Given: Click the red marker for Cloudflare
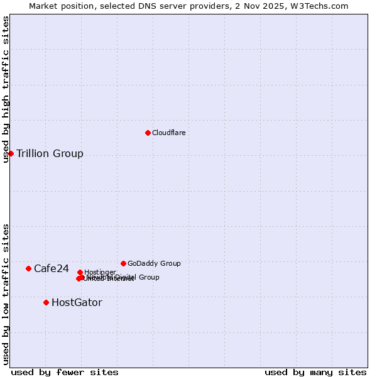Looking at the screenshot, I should (148, 133).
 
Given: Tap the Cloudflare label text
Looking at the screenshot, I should (168, 133).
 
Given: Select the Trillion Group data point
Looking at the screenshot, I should (11, 153).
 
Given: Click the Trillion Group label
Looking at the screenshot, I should (50, 154).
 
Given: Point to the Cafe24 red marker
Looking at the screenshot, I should (28, 268).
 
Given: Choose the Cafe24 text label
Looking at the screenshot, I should (52, 269).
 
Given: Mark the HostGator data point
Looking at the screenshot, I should (46, 302).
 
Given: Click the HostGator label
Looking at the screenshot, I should (77, 303).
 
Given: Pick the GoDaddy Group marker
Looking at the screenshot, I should (123, 263).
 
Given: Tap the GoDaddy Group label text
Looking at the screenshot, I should (154, 264).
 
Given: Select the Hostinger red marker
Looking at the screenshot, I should (80, 272).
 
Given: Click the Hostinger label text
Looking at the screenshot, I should (100, 273).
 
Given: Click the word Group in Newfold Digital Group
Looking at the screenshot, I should (148, 277).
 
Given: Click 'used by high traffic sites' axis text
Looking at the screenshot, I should (6, 89).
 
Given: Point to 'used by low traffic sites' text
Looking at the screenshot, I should (6, 293).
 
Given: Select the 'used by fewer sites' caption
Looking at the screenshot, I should (65, 372).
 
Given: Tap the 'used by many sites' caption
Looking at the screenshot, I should (315, 372).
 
